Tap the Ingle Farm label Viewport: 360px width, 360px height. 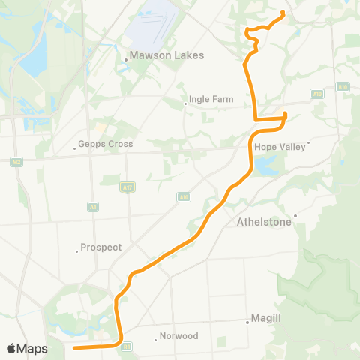pos(212,98)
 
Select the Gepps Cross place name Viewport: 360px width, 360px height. pos(105,144)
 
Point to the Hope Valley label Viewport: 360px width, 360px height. pos(280,147)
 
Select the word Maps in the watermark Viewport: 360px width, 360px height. pos(32,348)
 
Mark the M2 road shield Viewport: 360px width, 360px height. pos(16,161)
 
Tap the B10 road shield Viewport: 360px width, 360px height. pos(342,87)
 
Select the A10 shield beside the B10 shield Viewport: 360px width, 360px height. pos(317,93)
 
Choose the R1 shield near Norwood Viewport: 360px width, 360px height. pos(127,346)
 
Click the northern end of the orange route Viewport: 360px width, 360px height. pos(283,13)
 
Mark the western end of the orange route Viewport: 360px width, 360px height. pos(73,347)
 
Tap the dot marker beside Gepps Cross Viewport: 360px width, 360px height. pos(74,148)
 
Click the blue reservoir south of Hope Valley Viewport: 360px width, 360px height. pos(265,168)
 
